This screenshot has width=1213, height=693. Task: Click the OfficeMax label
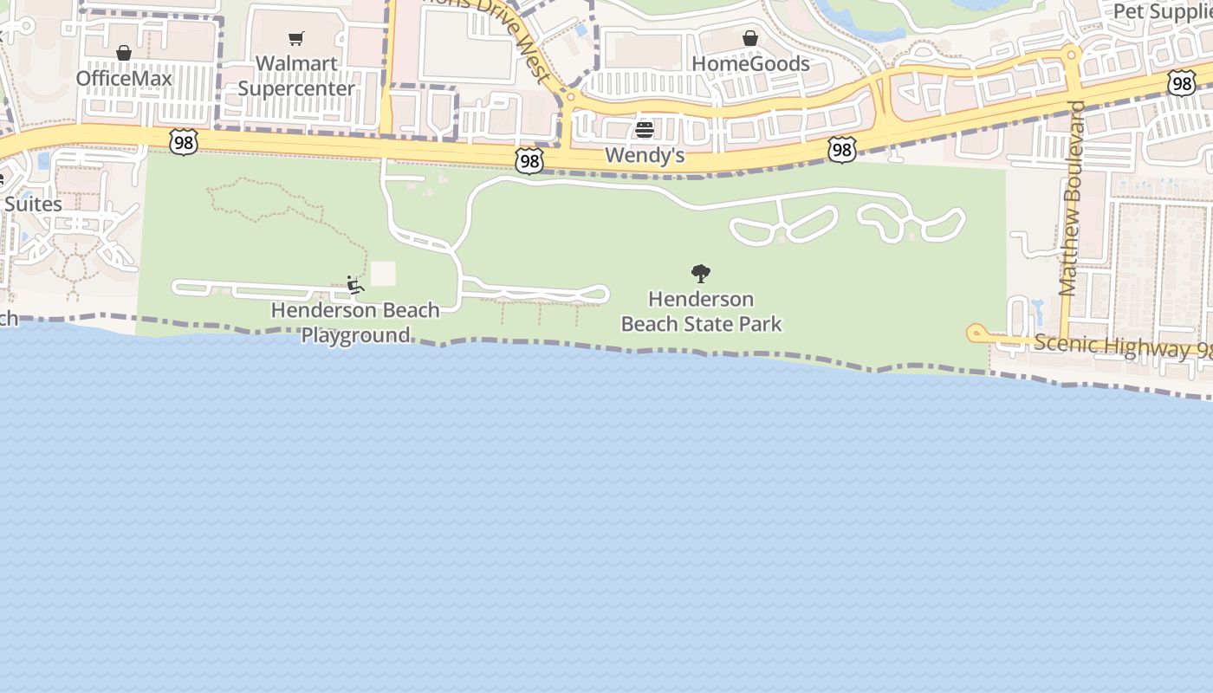pos(124,79)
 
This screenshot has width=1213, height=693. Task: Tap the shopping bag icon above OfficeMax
pos(124,54)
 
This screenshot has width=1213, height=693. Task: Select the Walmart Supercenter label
pos(296,76)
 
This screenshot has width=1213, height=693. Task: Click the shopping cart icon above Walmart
pos(296,38)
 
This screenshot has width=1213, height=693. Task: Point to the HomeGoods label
pos(750,64)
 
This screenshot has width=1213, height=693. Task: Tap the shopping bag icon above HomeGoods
pos(750,38)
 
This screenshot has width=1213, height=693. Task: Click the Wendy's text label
pos(645,155)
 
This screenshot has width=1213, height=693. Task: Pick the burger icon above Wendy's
pos(645,130)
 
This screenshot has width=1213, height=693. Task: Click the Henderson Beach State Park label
pos(701,312)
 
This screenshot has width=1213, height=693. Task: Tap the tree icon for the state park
pos(701,275)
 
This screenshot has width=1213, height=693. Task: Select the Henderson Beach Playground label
pos(355,322)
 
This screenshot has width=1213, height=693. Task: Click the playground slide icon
pos(355,284)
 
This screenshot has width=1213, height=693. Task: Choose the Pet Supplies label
pos(1162,11)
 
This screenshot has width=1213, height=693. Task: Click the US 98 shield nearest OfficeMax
pos(183,142)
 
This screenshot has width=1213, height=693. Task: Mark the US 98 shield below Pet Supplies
pos(1181,83)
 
